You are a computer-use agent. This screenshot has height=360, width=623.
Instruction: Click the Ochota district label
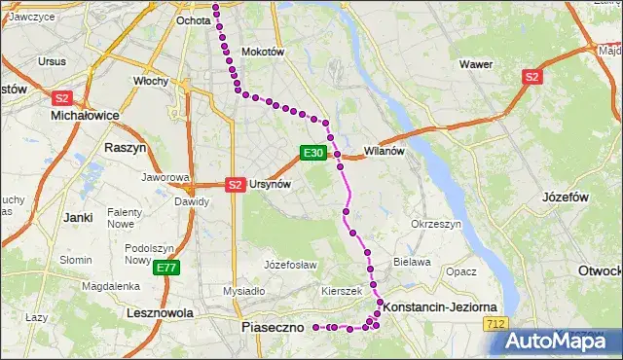[x=193, y=19]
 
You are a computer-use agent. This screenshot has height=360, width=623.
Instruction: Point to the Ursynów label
[x=271, y=184]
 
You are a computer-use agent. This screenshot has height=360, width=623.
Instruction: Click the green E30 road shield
[x=311, y=153]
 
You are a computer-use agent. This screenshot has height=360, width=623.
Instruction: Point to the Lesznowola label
[x=154, y=313]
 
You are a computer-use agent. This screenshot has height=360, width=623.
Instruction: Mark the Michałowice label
[x=84, y=115]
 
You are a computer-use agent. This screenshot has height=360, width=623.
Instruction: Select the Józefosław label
[x=290, y=264]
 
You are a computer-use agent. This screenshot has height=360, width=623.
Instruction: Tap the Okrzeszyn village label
[x=435, y=224]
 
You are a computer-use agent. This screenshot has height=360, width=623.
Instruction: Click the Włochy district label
[x=151, y=81]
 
